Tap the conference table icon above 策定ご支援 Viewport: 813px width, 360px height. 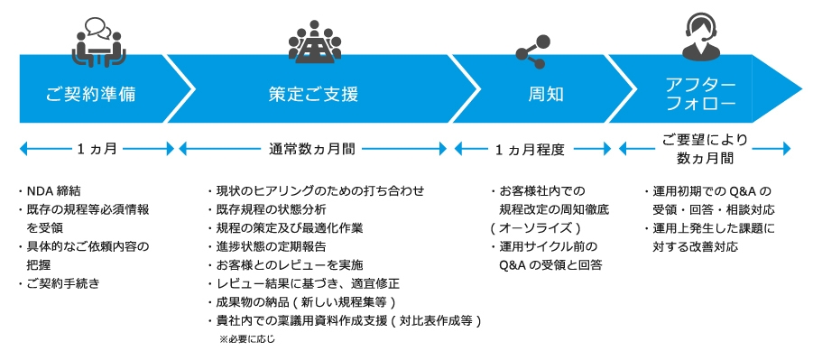point(315,39)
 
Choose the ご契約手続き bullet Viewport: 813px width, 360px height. point(63,283)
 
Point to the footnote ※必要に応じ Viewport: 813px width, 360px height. point(246,340)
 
